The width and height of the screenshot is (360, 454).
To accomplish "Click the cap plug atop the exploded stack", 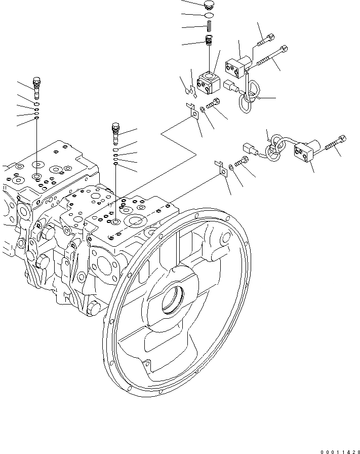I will click(x=208, y=6).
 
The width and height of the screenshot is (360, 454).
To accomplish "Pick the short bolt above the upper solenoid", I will click(x=266, y=39).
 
